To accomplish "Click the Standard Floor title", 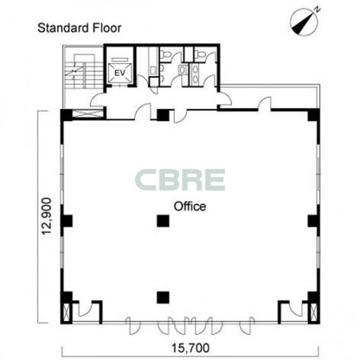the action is coord(79,28).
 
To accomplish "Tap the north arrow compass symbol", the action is coord(304,22).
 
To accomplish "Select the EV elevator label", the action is coord(120,73).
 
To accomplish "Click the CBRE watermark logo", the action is coord(180,180).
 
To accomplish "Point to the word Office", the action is coord(190,206).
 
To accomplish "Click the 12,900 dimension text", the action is coord(46,216).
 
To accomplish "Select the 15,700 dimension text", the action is coord(191,348).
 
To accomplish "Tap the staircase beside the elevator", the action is coord(83,71).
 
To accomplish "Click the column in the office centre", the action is coord(163,221).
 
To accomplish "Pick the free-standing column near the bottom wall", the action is coord(163,298).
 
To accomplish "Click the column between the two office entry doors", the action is coord(163,115).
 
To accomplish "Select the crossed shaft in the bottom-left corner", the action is coord(66,312).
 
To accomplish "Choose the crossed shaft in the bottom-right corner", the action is coord(314,312).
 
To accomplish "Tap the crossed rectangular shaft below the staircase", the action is coord(87,114).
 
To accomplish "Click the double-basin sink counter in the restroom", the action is coord(195,73).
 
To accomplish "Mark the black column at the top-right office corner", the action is coord(314,114).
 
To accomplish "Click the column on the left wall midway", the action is coord(67,221).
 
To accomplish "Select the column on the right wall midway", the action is coord(314,221).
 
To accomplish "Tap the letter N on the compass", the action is coord(318,10).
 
